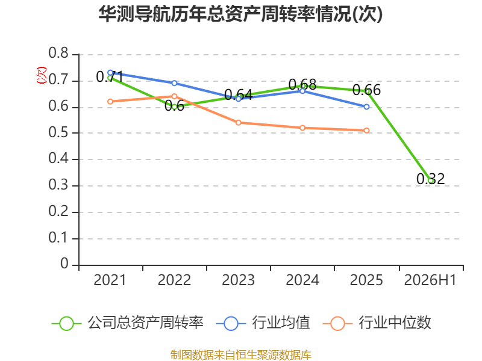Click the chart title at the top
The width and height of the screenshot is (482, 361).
point(240,14)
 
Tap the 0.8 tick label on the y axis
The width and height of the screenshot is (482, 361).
point(58,53)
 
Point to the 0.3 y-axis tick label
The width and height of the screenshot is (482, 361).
point(58,185)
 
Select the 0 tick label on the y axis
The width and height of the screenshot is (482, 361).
point(64,264)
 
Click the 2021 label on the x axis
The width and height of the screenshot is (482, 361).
point(110,280)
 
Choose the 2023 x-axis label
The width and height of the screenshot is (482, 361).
point(238,280)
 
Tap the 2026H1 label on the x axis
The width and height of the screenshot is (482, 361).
point(430,280)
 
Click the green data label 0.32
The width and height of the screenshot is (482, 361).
point(430,179)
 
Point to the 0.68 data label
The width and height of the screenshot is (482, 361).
point(302,84)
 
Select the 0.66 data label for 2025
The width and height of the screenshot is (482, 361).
point(366,90)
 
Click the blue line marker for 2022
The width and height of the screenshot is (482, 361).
point(174,83)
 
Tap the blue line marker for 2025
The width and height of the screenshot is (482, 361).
point(366,107)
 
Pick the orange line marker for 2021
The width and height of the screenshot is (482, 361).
point(110,102)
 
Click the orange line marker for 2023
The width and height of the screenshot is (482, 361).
point(238,123)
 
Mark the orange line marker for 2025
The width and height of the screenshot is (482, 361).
point(366,131)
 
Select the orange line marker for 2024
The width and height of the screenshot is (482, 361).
point(302,128)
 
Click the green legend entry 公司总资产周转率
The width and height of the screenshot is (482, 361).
point(127,323)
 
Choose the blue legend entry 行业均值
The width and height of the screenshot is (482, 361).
point(263,323)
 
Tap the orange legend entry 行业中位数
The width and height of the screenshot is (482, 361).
point(377,323)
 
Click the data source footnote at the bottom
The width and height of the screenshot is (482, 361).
point(240,355)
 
